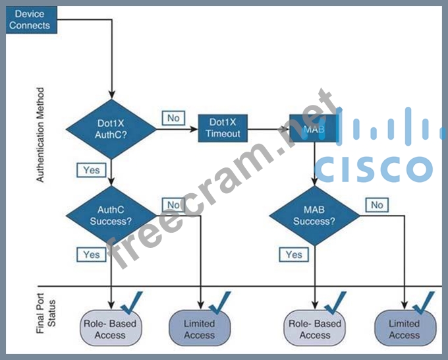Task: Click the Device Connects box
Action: click(31, 19)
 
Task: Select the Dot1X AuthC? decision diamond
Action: click(111, 126)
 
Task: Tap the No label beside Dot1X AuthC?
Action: click(173, 118)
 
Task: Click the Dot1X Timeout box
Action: click(225, 128)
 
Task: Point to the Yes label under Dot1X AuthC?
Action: click(92, 170)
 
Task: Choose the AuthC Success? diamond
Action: click(111, 215)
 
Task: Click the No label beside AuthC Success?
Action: click(173, 205)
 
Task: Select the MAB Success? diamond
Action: click(314, 215)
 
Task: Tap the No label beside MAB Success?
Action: click(377, 205)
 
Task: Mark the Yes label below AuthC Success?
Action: click(92, 255)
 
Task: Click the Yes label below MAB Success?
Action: click(294, 255)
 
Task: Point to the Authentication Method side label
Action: click(41, 135)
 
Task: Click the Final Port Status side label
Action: click(41, 313)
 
